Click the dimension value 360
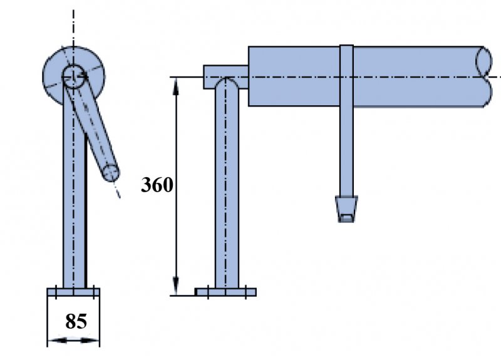tap(157, 185)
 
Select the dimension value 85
tap(76, 322)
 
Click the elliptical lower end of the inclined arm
tap(111, 172)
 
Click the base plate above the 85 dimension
tap(73, 292)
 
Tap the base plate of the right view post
tap(225, 292)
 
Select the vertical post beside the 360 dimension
tap(226, 194)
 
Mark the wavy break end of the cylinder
tap(485, 76)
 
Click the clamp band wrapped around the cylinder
tap(346, 75)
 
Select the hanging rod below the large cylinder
tap(346, 150)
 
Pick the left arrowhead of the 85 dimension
tap(53, 340)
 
